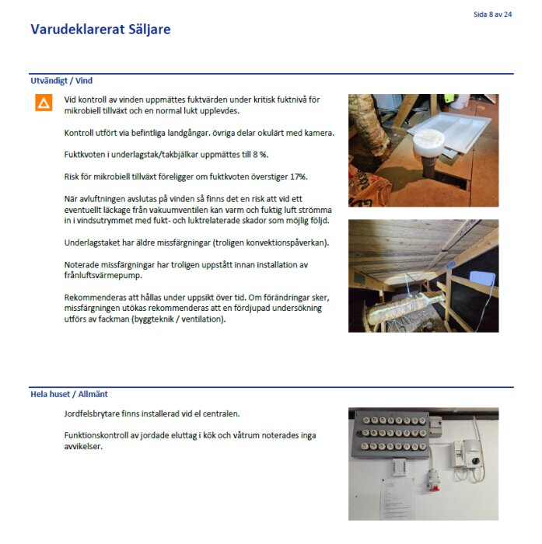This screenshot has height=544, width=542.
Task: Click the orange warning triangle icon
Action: (44, 103)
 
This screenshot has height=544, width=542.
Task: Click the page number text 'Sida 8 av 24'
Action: (492, 14)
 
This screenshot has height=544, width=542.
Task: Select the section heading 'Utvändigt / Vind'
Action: (61, 80)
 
